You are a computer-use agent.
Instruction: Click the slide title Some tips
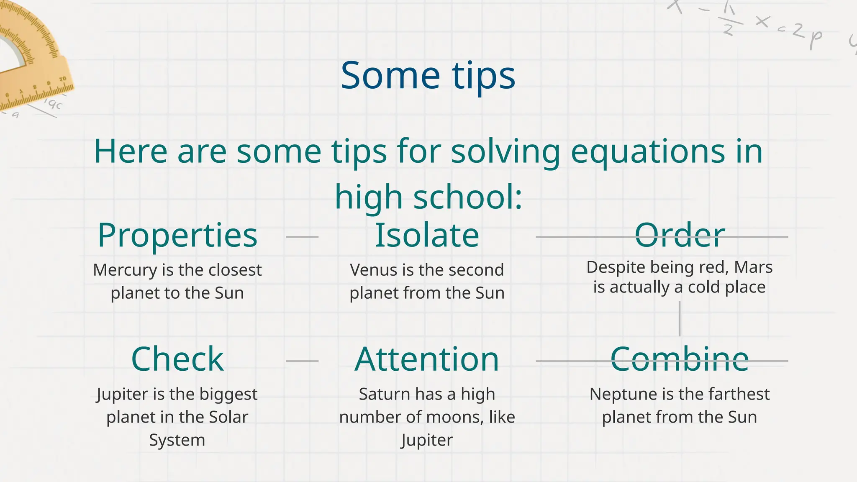428,76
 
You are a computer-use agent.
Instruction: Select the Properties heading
177,236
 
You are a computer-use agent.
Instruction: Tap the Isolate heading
427,236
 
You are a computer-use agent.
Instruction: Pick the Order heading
680,236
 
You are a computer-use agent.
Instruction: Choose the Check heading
177,359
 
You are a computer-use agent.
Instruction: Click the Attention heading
427,359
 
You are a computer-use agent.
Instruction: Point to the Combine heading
680,359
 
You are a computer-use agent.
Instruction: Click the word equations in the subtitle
647,151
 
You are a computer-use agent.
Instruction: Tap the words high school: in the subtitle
428,197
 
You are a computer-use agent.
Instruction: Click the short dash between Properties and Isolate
302,237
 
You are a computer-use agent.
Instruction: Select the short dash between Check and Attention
302,361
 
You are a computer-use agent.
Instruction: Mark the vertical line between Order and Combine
679,319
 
